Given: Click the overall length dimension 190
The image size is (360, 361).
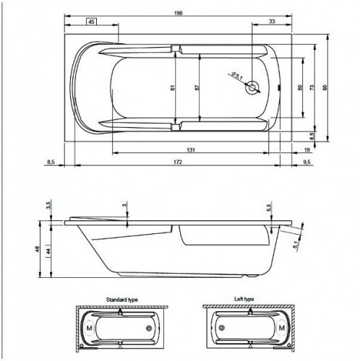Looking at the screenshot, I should [177, 12].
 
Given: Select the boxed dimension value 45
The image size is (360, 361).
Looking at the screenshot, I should [93, 22].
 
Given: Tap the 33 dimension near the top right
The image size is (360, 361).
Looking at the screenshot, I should [271, 22].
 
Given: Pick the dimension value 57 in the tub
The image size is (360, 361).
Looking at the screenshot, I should [196, 88].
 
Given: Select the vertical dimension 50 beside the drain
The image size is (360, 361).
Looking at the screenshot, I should [299, 87].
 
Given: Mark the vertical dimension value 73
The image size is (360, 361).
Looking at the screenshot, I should [312, 87].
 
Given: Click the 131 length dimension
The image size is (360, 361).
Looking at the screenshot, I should [188, 150].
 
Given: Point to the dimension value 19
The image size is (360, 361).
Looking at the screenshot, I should [307, 150].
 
